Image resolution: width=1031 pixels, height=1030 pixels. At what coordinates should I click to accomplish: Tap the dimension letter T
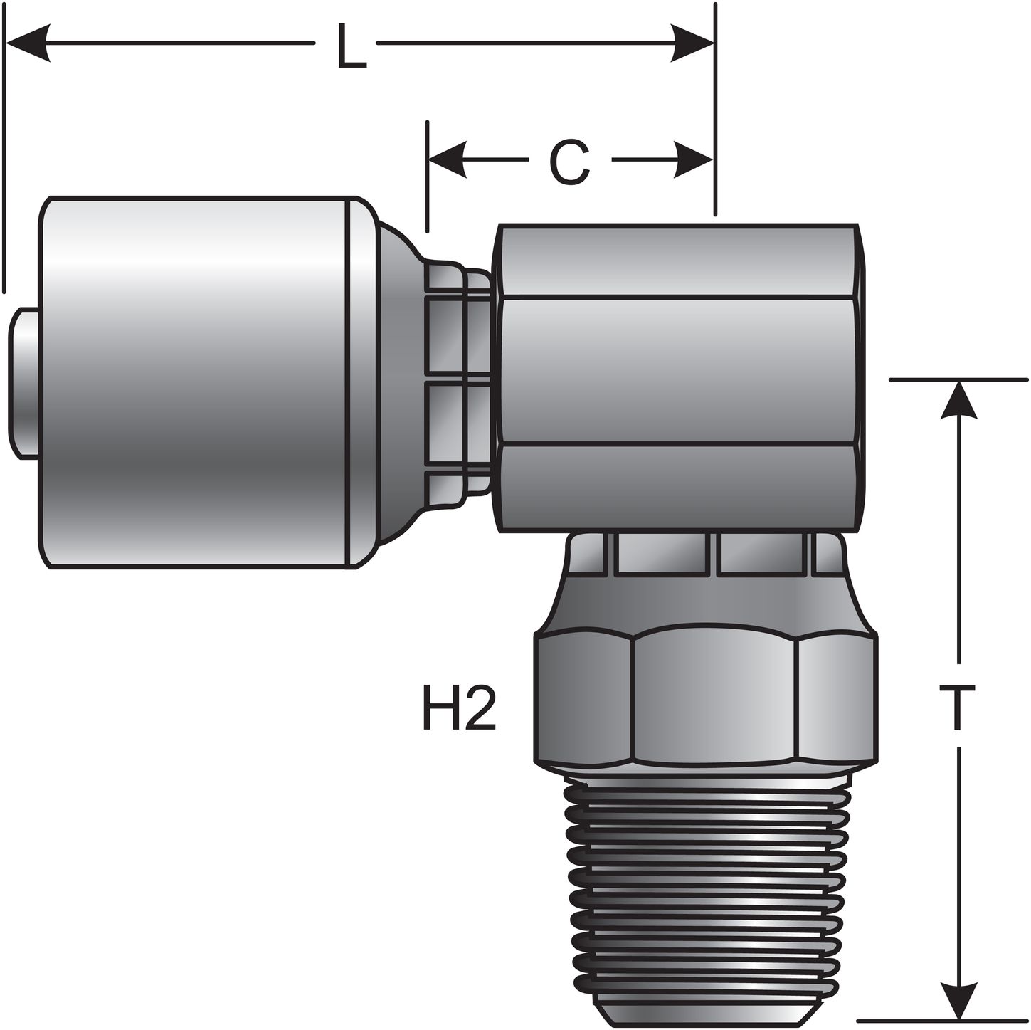pyautogui.click(x=961, y=707)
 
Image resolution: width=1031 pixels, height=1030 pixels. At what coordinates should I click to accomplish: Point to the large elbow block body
pyautogui.click(x=680, y=377)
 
